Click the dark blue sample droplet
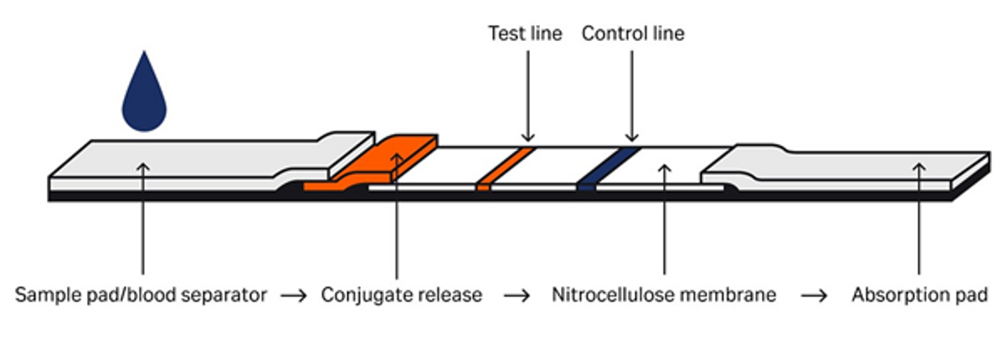(144, 97)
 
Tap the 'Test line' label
(525, 34)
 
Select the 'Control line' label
(633, 34)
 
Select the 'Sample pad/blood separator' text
(141, 295)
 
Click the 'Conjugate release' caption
(402, 295)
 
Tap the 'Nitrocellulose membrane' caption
(664, 295)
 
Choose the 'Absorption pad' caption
(919, 295)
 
